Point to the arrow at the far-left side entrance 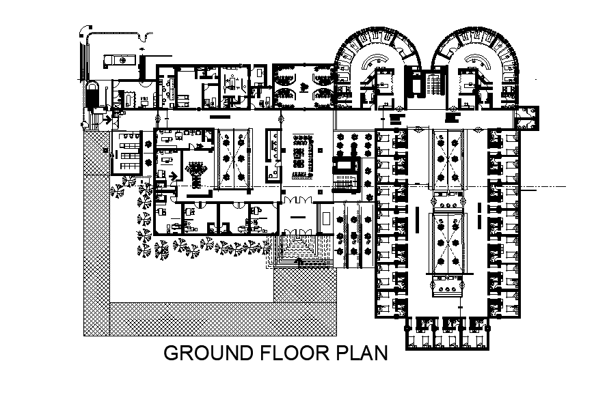click(x=106, y=120)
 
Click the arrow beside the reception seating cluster click(x=173, y=175)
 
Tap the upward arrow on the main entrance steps click(x=298, y=260)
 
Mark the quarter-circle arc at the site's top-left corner click(x=84, y=30)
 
